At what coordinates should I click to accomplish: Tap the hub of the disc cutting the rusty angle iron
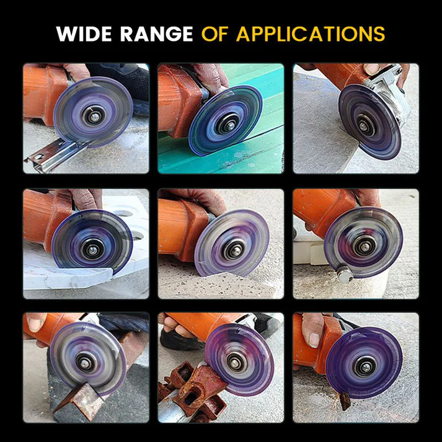(81, 360)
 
